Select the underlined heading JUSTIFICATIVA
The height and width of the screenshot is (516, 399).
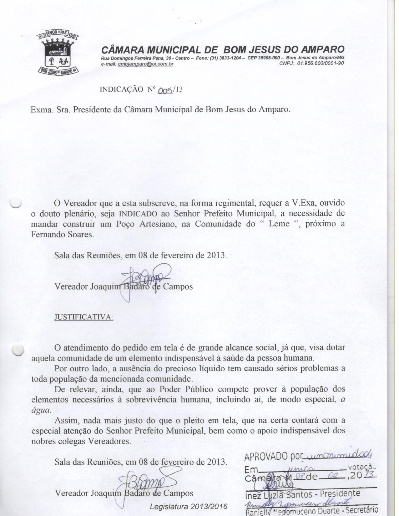(x=83, y=317)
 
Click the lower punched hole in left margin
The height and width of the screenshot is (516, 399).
(x=18, y=350)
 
